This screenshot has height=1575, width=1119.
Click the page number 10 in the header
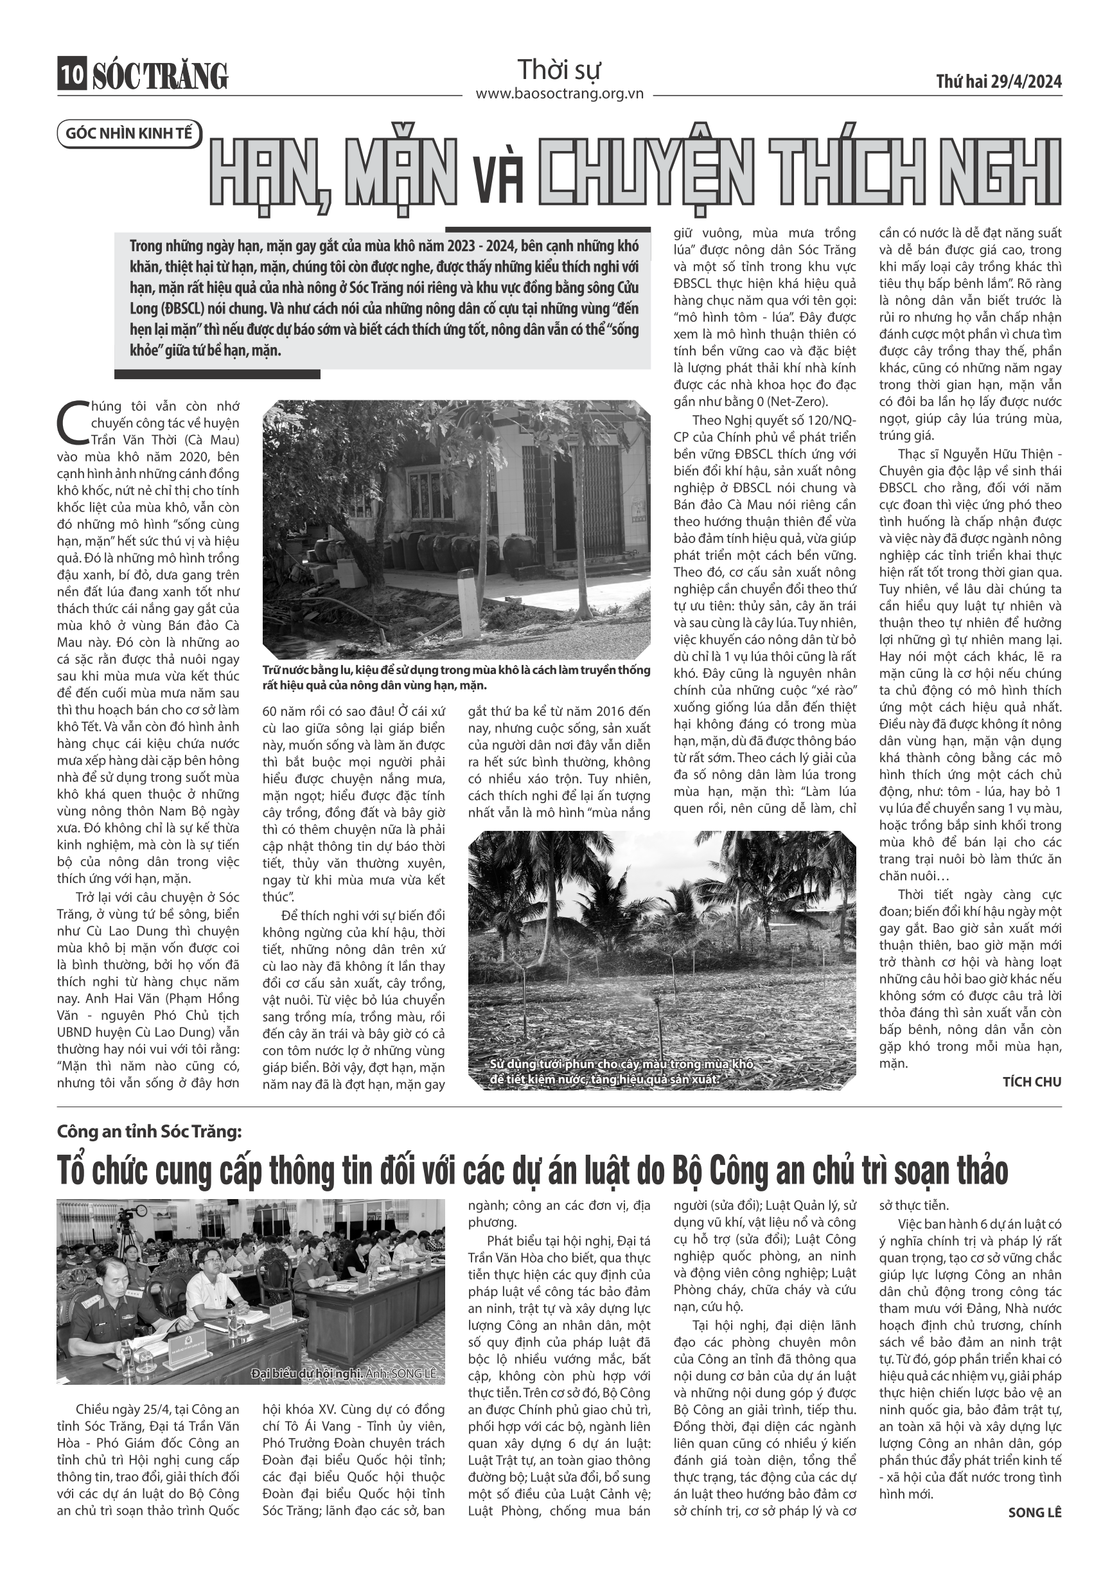(71, 75)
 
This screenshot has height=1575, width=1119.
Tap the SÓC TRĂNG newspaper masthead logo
(160, 76)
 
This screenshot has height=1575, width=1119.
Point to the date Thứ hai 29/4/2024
(998, 82)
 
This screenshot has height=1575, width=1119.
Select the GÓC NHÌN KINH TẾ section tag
(129, 134)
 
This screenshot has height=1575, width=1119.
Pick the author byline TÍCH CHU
(1032, 1081)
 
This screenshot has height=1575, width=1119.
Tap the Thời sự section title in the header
(559, 70)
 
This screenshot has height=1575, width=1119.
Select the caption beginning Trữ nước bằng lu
(455, 677)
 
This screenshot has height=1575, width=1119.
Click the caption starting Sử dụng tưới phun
(621, 1071)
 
